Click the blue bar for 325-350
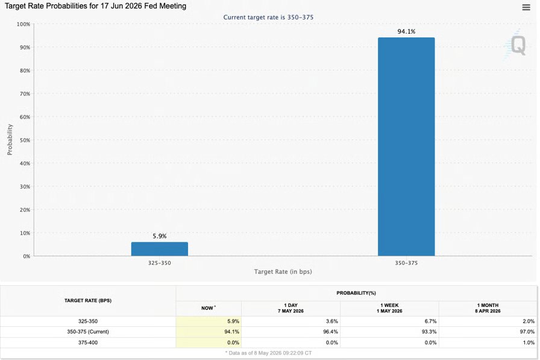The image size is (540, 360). [x=160, y=249]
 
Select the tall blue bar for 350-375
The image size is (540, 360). [x=406, y=147]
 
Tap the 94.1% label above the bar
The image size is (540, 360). [x=406, y=31]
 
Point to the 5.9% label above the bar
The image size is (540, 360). [x=160, y=236]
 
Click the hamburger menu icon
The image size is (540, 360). [x=526, y=7]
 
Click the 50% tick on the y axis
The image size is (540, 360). [x=25, y=141]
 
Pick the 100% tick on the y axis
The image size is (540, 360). [x=24, y=24]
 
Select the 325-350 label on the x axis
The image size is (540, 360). [x=160, y=263]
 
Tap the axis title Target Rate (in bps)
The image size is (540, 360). [x=283, y=271]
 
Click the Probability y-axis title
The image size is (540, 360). [x=10, y=139]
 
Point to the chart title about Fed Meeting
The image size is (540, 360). [x=95, y=6]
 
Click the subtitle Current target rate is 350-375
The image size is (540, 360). [x=268, y=17]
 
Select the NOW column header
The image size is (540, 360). [x=209, y=308]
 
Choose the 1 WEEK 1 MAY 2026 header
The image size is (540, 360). [x=389, y=308]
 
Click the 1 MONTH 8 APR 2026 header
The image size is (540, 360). [x=488, y=308]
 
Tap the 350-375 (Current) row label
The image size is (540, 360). [x=88, y=332]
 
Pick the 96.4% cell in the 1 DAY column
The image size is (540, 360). [x=331, y=332]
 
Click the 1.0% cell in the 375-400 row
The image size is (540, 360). [x=529, y=343]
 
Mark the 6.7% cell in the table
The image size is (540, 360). [x=430, y=321]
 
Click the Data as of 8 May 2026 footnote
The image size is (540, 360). [x=268, y=353]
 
